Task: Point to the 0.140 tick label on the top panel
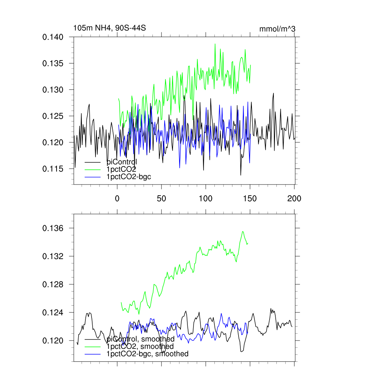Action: [53, 37]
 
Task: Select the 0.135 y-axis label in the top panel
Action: [53, 63]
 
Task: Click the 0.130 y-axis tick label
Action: [53, 90]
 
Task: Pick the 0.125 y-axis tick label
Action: [53, 116]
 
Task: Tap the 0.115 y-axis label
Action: [53, 169]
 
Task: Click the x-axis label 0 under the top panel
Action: [117, 198]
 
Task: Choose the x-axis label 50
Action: [161, 198]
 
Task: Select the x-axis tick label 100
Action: [206, 198]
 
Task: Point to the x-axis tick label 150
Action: [250, 198]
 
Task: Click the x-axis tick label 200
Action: [294, 198]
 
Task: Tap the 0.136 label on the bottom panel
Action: [53, 228]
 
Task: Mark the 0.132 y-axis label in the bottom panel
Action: [53, 257]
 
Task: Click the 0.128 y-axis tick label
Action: [53, 285]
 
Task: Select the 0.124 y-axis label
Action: [53, 313]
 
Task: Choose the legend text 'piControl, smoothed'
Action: [141, 339]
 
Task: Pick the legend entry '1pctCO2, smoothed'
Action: [138, 347]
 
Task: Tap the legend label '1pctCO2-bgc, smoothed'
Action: [147, 354]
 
